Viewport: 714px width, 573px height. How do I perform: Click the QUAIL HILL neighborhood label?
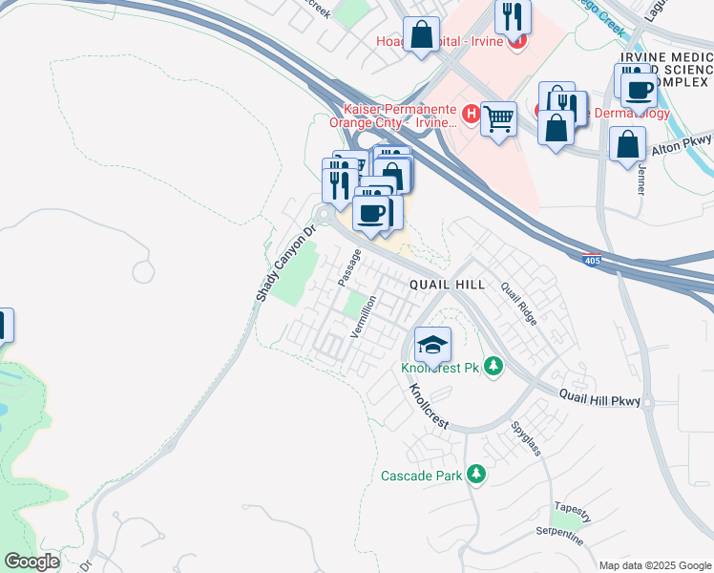pos(448,285)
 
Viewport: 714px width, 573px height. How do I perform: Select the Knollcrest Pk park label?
pos(439,368)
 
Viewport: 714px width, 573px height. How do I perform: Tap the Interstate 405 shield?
pos(592,258)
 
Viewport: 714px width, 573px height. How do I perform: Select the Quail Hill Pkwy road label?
pos(599,396)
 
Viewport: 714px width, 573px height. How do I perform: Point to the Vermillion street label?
pos(365,316)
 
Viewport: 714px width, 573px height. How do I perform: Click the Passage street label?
pos(349,267)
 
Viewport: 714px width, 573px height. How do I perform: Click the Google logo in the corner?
pos(31,562)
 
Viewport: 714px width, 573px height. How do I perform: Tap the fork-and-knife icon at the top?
pos(514,17)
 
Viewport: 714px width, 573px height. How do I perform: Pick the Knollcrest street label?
pos(429,408)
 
